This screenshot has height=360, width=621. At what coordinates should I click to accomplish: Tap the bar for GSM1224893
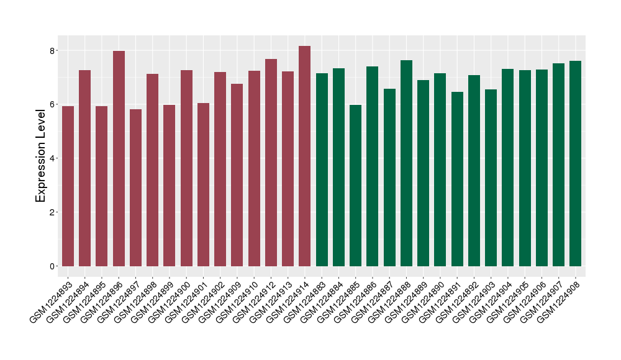[x=68, y=186]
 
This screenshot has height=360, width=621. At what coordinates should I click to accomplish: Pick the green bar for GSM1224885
[x=355, y=186]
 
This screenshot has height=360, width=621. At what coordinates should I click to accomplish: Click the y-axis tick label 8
[x=53, y=50]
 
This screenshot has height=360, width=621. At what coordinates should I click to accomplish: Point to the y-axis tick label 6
[x=53, y=104]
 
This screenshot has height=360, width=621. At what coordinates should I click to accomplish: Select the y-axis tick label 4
[x=53, y=158]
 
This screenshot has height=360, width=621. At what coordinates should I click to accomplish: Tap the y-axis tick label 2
[x=53, y=212]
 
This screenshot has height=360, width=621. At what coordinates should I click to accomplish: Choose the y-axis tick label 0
[x=53, y=266]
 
